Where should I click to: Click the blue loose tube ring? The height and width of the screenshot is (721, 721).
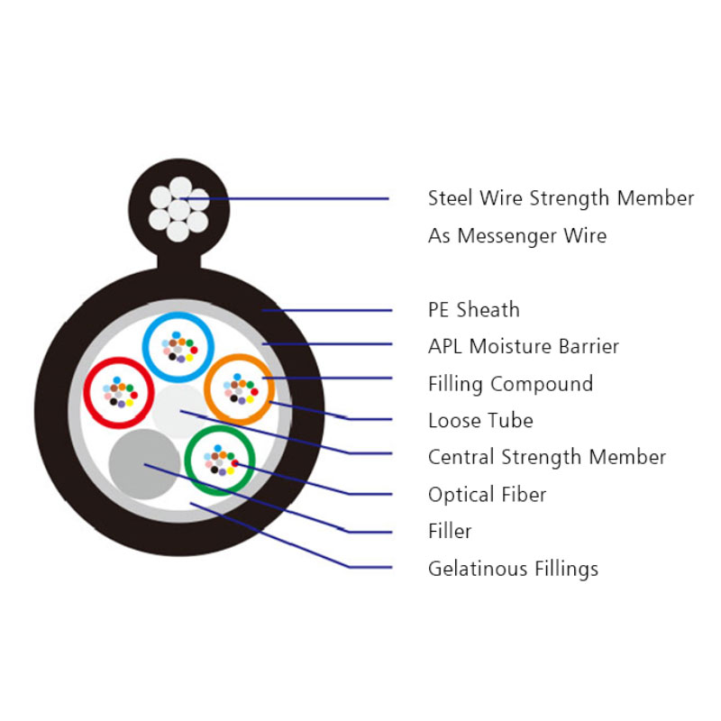tap(178, 315)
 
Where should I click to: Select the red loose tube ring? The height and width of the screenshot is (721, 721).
tap(119, 360)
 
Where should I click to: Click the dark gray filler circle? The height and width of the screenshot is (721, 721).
tap(144, 464)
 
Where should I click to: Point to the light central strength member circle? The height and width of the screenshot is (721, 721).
tap(178, 412)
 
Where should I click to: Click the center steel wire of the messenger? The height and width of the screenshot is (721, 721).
tap(178, 210)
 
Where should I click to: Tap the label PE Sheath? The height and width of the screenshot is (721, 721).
tap(474, 309)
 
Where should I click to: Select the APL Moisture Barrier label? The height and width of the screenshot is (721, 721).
tap(524, 346)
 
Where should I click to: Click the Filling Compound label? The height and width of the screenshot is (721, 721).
tap(510, 384)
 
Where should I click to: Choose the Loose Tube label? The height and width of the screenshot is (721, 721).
tap(480, 420)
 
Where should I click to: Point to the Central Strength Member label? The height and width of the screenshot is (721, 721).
tap(547, 457)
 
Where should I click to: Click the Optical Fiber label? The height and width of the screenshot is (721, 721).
tap(487, 495)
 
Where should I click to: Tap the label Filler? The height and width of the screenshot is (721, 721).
tap(450, 531)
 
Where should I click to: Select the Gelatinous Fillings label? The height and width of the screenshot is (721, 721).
tap(513, 569)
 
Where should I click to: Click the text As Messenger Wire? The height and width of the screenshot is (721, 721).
tap(517, 235)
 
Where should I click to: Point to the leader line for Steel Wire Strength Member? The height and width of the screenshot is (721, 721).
tap(284, 198)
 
